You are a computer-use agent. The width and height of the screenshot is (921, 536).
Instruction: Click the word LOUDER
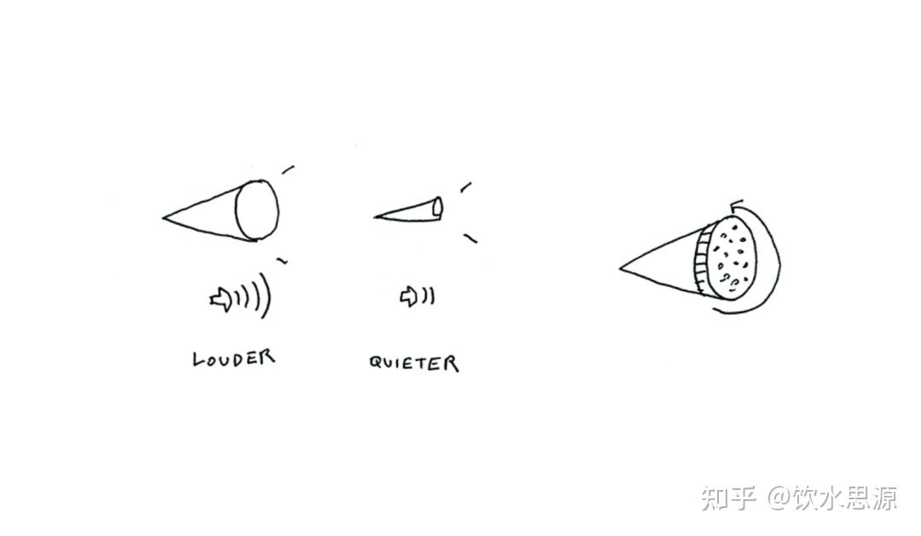(x=234, y=358)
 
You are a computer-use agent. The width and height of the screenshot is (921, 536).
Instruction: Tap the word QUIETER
(x=414, y=363)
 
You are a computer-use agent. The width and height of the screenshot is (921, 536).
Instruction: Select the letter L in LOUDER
(x=199, y=359)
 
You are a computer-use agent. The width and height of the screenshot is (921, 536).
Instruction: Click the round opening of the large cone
(x=258, y=210)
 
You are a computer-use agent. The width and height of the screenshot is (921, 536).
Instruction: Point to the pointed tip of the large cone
(x=163, y=218)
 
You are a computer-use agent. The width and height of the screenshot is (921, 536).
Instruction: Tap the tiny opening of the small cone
(x=437, y=206)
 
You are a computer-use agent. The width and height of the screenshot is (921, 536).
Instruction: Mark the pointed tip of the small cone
(x=374, y=216)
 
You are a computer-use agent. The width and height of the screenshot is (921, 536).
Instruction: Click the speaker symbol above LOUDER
(x=221, y=299)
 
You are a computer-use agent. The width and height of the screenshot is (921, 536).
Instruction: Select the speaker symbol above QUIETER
(x=408, y=297)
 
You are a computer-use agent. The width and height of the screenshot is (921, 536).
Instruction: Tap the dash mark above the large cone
(x=288, y=170)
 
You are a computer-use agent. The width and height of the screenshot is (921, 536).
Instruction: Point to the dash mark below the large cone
(x=282, y=260)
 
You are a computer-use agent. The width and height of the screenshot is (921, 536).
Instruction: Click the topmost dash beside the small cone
(x=466, y=187)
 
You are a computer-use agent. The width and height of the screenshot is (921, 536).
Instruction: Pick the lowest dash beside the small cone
(x=471, y=239)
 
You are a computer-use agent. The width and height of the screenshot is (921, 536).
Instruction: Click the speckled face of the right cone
(x=732, y=257)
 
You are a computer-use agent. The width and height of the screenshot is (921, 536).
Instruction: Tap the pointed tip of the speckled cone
(x=620, y=268)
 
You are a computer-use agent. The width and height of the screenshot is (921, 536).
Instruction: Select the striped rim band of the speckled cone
(x=702, y=259)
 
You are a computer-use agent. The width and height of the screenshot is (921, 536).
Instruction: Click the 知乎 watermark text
(x=728, y=498)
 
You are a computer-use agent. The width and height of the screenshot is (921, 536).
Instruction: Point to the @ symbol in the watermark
(x=779, y=498)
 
